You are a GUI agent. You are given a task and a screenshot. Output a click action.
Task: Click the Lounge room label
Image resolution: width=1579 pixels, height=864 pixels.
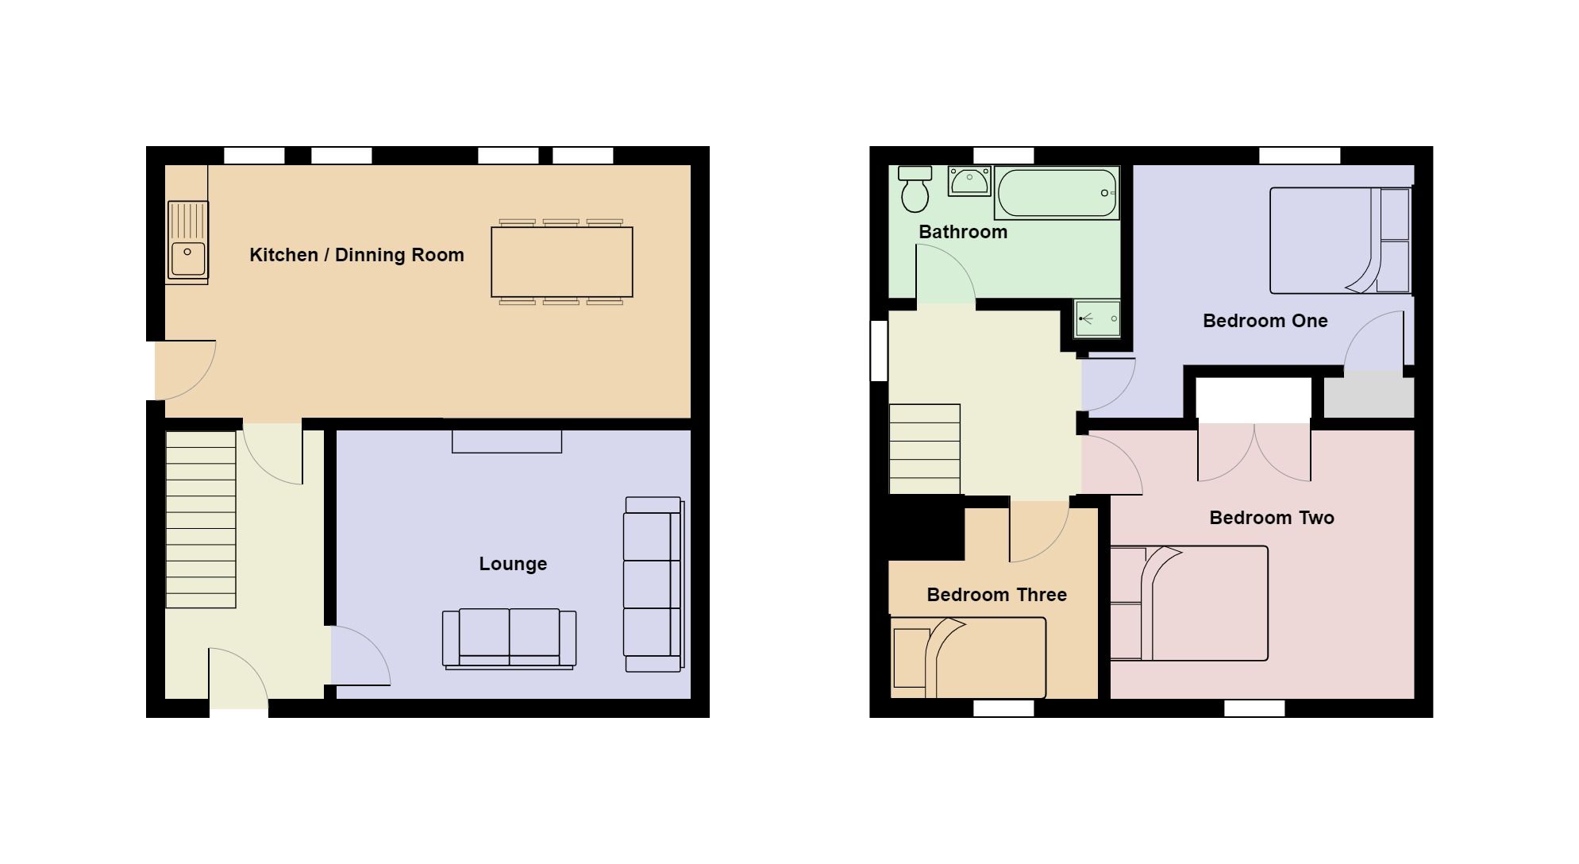513,564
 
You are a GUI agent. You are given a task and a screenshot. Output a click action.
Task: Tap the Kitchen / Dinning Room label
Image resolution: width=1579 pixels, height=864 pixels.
356,255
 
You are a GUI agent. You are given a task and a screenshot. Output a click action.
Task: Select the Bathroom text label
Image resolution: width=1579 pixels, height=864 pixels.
962,232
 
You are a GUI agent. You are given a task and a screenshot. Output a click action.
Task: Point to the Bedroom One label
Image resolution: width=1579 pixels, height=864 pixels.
1265,321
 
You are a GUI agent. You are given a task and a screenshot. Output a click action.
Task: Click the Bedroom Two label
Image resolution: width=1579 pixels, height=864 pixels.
1271,518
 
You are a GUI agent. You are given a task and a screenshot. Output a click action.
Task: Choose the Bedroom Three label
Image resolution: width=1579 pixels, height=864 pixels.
996,595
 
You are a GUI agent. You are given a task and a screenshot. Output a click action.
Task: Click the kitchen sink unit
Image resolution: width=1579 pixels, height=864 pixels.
187,241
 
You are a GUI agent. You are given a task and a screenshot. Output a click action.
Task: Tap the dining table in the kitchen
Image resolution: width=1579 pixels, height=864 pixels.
561,262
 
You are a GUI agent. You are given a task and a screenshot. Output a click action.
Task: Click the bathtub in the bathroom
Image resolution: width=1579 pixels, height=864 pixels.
1057,193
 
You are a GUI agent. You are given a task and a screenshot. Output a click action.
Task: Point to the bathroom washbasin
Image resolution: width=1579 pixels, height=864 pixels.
969,181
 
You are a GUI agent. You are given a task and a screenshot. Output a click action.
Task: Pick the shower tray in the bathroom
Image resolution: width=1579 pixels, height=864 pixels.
1097,318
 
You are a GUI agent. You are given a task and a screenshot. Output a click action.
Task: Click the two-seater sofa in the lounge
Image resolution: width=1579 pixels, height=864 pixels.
509,638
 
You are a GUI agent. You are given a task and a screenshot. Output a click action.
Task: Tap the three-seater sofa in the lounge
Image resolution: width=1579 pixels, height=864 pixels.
653,584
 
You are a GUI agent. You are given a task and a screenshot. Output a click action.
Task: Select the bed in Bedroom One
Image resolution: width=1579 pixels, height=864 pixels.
1339,241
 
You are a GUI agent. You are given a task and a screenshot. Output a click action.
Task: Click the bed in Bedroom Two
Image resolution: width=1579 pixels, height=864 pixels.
1188,603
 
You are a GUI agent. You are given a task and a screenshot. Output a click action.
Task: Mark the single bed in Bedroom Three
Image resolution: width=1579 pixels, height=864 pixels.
968,658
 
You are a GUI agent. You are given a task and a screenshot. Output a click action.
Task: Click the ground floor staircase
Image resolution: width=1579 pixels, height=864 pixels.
200,519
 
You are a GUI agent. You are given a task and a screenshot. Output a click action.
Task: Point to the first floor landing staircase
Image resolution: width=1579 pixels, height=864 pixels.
924,449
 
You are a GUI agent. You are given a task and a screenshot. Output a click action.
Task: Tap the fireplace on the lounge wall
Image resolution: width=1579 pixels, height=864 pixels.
506,441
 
